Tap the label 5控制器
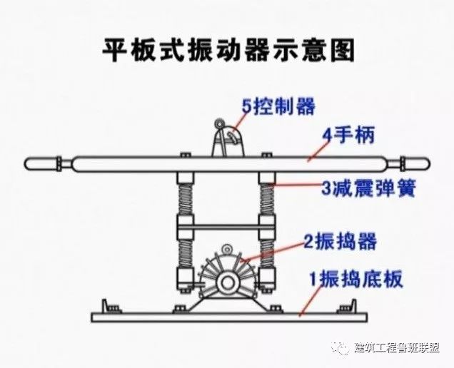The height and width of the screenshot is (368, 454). pyautogui.click(x=278, y=107)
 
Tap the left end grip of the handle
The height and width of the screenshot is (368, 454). pyautogui.click(x=44, y=163)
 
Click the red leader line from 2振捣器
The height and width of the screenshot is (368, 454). pyautogui.click(x=275, y=250)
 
